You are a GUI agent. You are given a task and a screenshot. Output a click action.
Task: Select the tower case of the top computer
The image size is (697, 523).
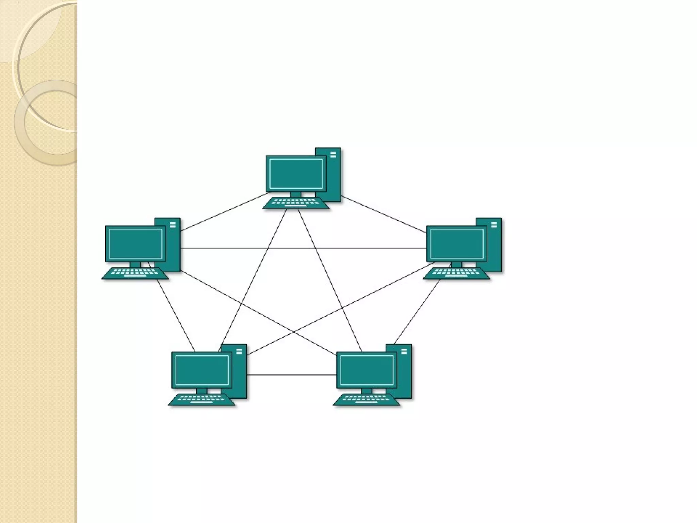tap(333, 177)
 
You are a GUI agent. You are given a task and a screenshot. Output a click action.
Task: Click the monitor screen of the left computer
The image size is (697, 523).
tap(135, 243)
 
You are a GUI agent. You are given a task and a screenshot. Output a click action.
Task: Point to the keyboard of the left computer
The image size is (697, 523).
tap(135, 273)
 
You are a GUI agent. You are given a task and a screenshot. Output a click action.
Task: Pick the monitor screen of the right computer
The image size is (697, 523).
tap(456, 243)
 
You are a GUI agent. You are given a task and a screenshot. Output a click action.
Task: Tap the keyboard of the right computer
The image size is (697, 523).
tap(456, 273)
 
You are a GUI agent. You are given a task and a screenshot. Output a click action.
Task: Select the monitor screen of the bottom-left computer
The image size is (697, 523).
tap(201, 370)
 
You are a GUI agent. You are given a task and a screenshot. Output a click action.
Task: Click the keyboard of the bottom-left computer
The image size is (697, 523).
tap(201, 399)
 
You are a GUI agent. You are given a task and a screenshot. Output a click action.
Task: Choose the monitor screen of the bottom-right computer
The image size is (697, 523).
tap(367, 370)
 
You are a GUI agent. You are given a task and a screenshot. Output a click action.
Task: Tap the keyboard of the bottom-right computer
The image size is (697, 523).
tap(367, 399)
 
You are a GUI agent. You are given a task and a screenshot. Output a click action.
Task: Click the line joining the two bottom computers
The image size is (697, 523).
tap(291, 375)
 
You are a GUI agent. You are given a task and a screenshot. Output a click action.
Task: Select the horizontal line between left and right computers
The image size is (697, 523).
tap(303, 249)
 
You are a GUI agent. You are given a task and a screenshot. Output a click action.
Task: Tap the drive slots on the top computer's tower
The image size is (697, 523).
tap(333, 155)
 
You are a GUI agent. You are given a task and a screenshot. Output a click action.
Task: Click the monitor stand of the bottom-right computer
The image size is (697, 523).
tap(367, 391)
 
